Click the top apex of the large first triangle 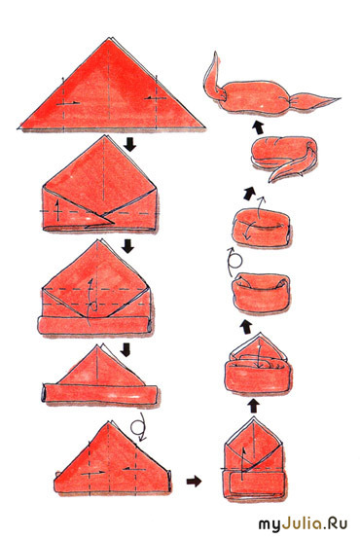[110, 38]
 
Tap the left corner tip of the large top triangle [18, 128]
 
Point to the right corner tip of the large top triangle [205, 127]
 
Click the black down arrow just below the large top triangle [130, 144]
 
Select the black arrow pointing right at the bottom [194, 481]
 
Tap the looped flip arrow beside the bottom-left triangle [139, 426]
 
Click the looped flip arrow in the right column [234, 261]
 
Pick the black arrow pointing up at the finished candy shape [258, 127]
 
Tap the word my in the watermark [270, 525]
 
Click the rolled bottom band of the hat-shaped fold [99, 394]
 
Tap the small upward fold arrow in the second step [57, 210]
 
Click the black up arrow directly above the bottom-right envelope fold [254, 406]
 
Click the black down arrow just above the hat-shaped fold [126, 349]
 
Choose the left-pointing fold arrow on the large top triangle [156, 98]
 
